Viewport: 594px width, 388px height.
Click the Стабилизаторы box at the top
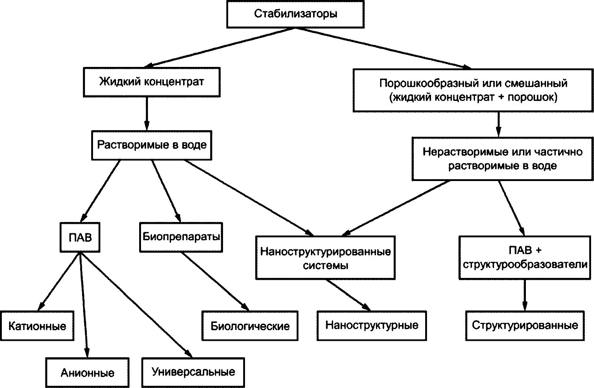pos(296,14)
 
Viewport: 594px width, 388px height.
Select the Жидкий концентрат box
pos(152,82)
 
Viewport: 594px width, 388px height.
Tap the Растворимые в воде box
pos(152,145)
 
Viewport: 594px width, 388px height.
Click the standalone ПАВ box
pos(80,237)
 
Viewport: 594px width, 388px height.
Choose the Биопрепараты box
pos(181,237)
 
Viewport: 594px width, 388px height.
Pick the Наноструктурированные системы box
pos(325,258)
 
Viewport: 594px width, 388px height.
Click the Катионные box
pos(37,326)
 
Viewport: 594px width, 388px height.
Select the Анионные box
pos(88,373)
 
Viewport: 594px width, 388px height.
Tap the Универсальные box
pos(193,372)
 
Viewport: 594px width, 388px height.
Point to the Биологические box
pos(250,326)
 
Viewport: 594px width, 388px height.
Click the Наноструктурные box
pos(372,325)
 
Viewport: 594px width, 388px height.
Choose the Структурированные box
pos(525,325)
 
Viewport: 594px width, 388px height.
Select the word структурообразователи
pos(525,265)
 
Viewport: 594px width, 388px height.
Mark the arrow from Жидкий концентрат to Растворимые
pos(146,114)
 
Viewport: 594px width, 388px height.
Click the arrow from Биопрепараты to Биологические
pos(215,281)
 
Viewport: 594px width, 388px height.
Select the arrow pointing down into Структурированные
pos(525,295)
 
